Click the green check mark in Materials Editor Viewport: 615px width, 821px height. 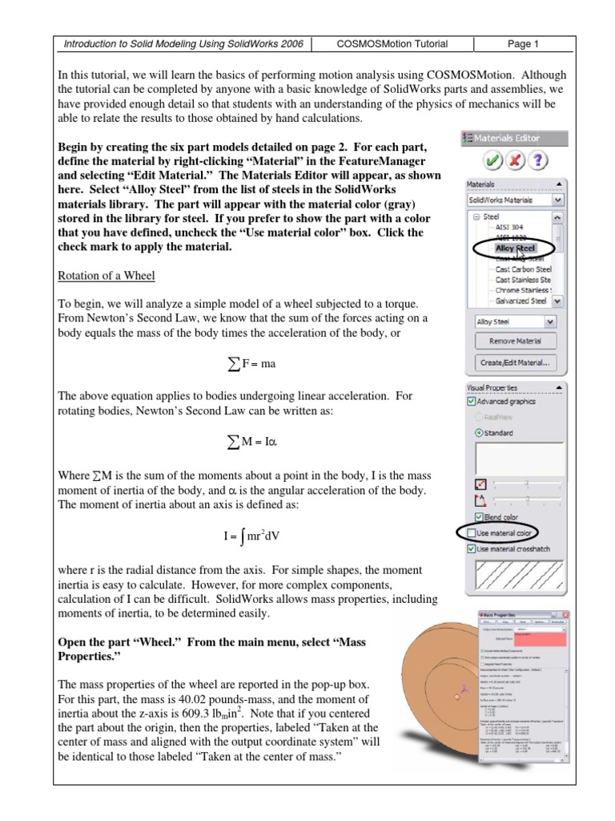coord(492,160)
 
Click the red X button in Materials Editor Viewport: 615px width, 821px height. coord(515,160)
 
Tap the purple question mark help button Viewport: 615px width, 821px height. coord(538,160)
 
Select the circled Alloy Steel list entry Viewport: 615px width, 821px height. coord(515,249)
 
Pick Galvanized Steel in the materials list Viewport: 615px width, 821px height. coord(521,301)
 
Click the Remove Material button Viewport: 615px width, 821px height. coord(515,341)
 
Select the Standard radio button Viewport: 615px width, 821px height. coord(480,433)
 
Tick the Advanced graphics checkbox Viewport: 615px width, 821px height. coord(471,402)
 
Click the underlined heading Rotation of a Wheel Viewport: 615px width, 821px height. coord(107,277)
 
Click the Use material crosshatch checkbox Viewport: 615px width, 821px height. coord(471,549)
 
